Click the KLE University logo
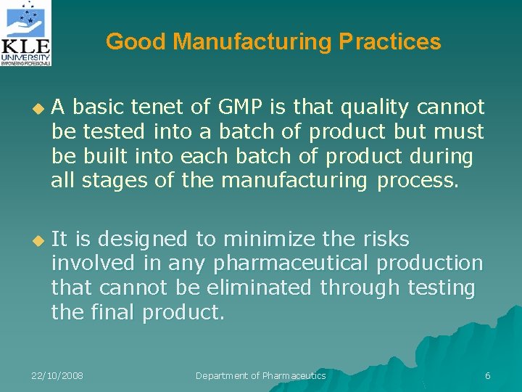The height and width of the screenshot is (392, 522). click(26, 33)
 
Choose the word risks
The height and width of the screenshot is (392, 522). click(386, 239)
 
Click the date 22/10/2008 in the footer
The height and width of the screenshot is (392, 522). click(57, 375)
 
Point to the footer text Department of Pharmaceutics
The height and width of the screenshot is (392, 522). click(261, 375)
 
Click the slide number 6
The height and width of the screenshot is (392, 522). click(488, 375)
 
